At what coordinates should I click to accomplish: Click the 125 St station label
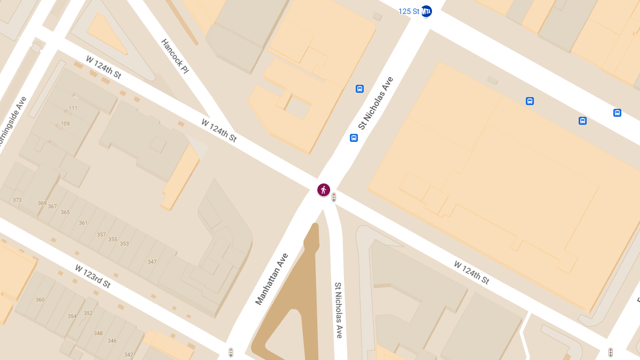tap(409, 11)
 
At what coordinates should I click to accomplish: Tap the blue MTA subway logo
tap(426, 11)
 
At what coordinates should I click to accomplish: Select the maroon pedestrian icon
tap(323, 189)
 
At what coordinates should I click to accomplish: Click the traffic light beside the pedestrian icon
tap(334, 197)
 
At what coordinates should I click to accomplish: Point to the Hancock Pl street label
tap(175, 56)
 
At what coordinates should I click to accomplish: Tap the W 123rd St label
tap(93, 276)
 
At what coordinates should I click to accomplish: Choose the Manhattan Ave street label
tap(271, 279)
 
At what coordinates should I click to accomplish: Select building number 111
tap(73, 108)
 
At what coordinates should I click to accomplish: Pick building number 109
tap(65, 124)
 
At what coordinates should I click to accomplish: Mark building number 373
tap(17, 200)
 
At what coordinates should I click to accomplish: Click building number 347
tap(152, 261)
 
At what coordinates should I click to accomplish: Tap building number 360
tap(40, 300)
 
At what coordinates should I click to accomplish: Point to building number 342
tap(129, 355)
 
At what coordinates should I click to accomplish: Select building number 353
tap(124, 244)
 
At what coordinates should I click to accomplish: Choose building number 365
tap(65, 212)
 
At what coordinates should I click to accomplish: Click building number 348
tap(98, 333)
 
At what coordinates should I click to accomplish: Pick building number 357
tap(101, 235)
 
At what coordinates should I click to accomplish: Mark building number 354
tap(72, 316)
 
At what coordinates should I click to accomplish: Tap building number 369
tap(42, 203)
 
